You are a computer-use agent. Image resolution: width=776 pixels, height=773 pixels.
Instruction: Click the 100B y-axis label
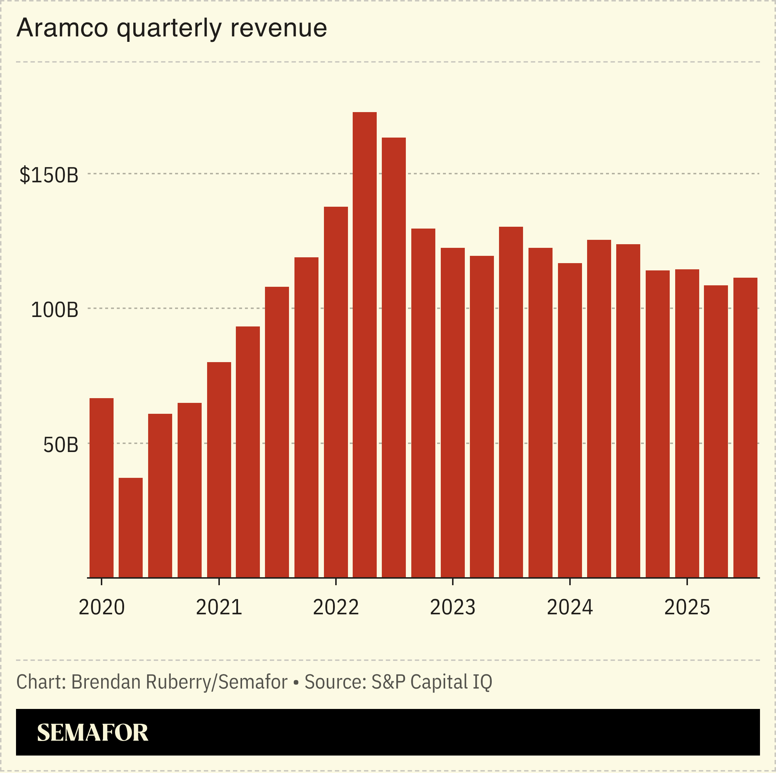point(54,310)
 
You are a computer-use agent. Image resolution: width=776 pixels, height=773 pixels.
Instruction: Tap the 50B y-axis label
point(60,445)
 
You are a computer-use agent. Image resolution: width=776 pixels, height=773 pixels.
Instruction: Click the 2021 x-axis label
point(219,607)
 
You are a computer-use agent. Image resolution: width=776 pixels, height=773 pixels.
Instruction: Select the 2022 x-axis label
point(336,607)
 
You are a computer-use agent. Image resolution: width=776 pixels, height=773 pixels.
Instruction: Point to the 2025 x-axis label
point(687,607)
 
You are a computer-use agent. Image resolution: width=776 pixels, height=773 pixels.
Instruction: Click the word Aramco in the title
point(62,28)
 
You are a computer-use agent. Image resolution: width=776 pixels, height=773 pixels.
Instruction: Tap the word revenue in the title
point(278,28)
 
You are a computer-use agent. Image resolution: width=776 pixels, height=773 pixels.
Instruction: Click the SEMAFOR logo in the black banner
point(92,733)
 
